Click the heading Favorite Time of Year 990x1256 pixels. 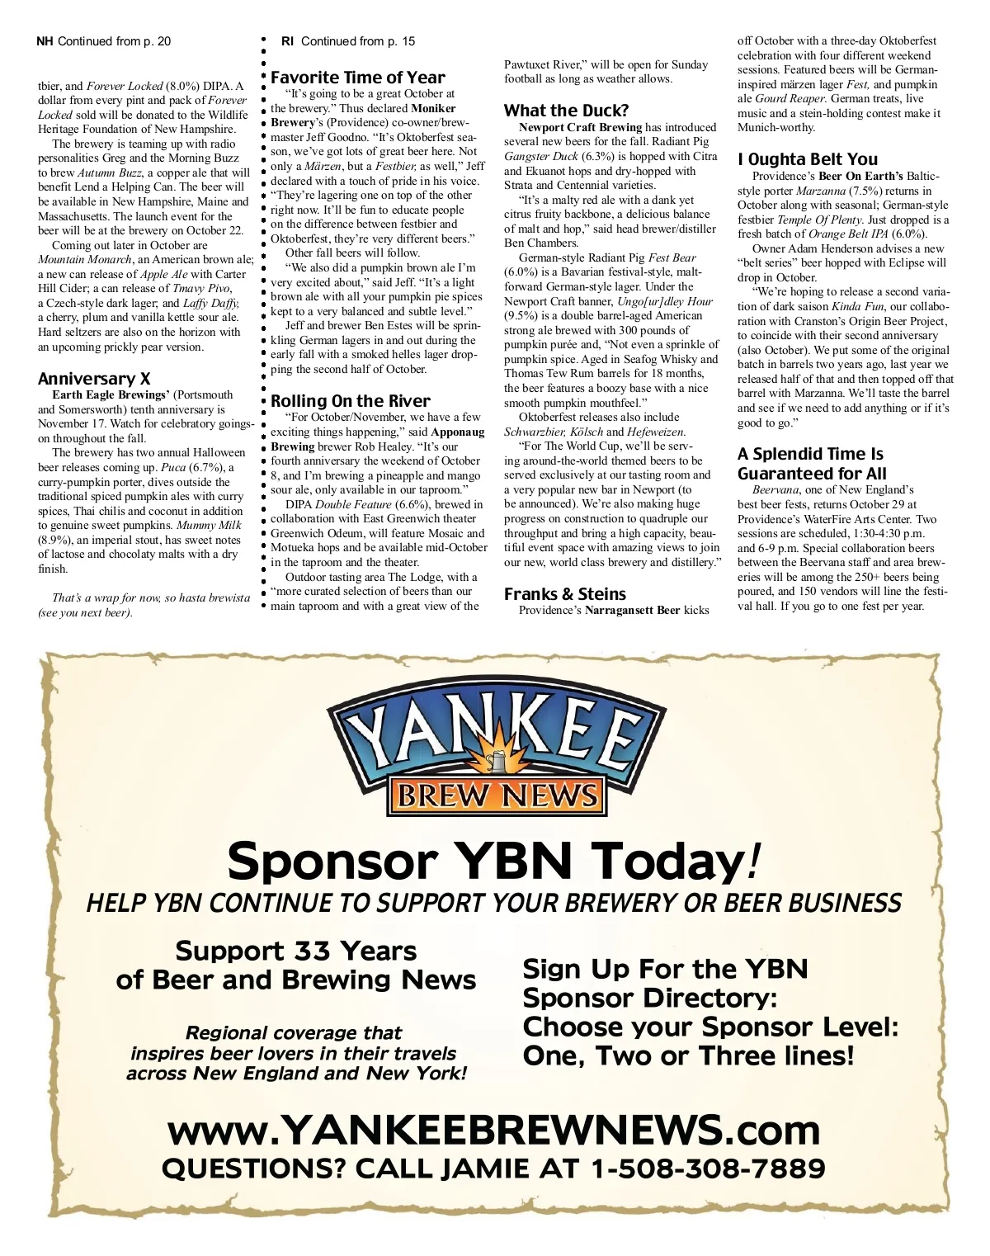pyautogui.click(x=357, y=78)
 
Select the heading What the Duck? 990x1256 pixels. pyautogui.click(x=566, y=111)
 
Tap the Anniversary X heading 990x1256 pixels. pyautogui.click(x=94, y=379)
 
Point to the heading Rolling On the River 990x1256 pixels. pyautogui.click(x=351, y=401)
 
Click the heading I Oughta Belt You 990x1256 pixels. pyautogui.click(x=808, y=159)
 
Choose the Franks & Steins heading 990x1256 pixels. pyautogui.click(x=564, y=594)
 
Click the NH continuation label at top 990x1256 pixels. pyautogui.click(x=104, y=41)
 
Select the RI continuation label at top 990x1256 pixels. pyautogui.click(x=348, y=41)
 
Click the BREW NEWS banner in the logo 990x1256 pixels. pyautogui.click(x=497, y=796)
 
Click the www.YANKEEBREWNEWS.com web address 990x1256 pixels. pyautogui.click(x=493, y=1130)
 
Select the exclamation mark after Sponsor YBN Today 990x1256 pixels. pyautogui.click(x=752, y=861)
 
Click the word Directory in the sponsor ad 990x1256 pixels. pyautogui.click(x=709, y=998)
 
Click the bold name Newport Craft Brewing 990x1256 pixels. pyautogui.click(x=580, y=128)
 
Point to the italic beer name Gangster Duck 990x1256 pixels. pyautogui.click(x=541, y=157)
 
